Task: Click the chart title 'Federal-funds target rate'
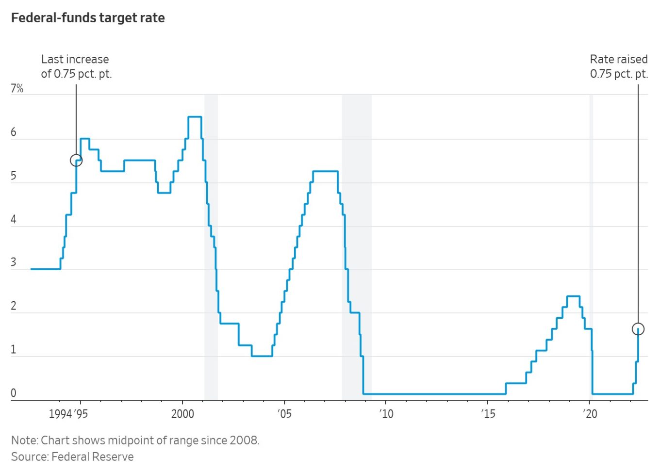(x=88, y=18)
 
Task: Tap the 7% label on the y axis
(x=17, y=88)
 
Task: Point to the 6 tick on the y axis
(x=14, y=132)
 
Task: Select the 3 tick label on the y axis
(x=14, y=262)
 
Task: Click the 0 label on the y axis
(x=14, y=393)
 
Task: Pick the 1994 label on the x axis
(x=60, y=414)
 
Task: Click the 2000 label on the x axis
(x=182, y=414)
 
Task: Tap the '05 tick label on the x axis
(x=284, y=414)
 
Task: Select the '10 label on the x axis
(x=386, y=414)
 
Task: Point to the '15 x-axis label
(x=488, y=414)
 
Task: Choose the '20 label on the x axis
(x=590, y=414)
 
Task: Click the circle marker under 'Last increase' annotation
(x=76, y=160)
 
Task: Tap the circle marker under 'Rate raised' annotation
(x=638, y=329)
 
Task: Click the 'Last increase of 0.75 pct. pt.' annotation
(x=76, y=66)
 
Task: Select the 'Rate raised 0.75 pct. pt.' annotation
(x=619, y=66)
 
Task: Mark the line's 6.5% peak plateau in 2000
(x=195, y=117)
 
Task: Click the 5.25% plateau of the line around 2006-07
(x=325, y=171)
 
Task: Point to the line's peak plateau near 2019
(x=573, y=296)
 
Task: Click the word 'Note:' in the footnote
(x=25, y=440)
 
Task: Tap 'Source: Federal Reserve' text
(x=72, y=457)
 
